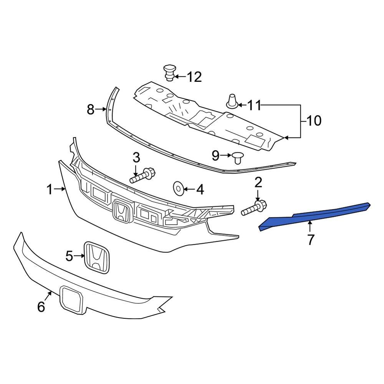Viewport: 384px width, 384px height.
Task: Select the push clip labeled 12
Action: coord(169,72)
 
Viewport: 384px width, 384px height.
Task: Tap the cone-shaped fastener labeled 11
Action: coord(232,101)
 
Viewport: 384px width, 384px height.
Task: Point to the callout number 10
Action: coord(314,121)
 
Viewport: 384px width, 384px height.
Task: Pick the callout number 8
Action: coord(90,110)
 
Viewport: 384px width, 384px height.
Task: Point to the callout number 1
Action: coord(50,189)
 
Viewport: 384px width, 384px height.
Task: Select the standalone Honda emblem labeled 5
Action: coord(97,257)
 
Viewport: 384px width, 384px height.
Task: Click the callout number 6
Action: coord(41,306)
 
